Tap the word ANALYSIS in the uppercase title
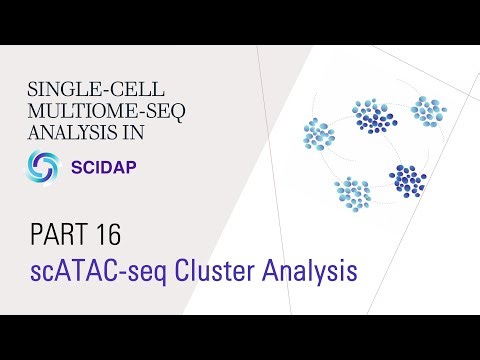coord(62,129)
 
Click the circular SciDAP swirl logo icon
coord(44,165)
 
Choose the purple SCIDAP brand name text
coord(107,166)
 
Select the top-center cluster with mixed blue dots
coord(373,115)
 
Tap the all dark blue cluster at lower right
coord(407,180)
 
